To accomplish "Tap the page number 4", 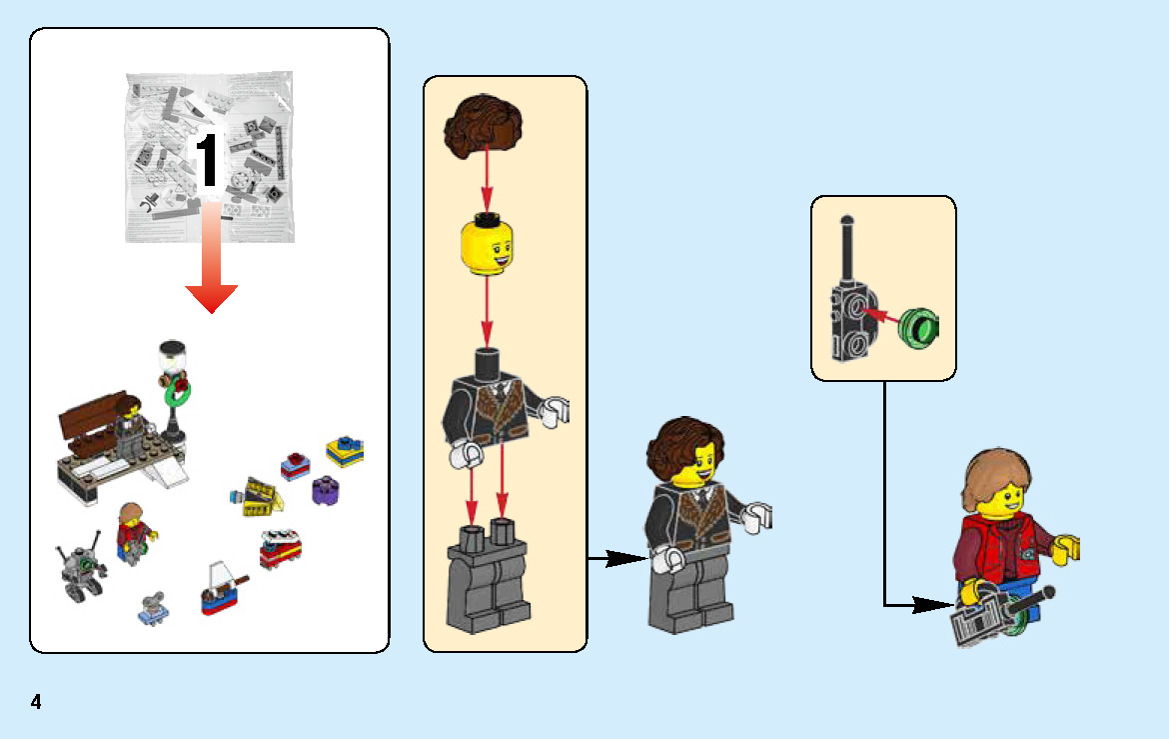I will click(36, 702).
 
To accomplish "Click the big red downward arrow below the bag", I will click(211, 270).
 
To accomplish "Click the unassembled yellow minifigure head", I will click(487, 246).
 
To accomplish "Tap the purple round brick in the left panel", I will click(324, 491).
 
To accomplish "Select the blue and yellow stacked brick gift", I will click(344, 451).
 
